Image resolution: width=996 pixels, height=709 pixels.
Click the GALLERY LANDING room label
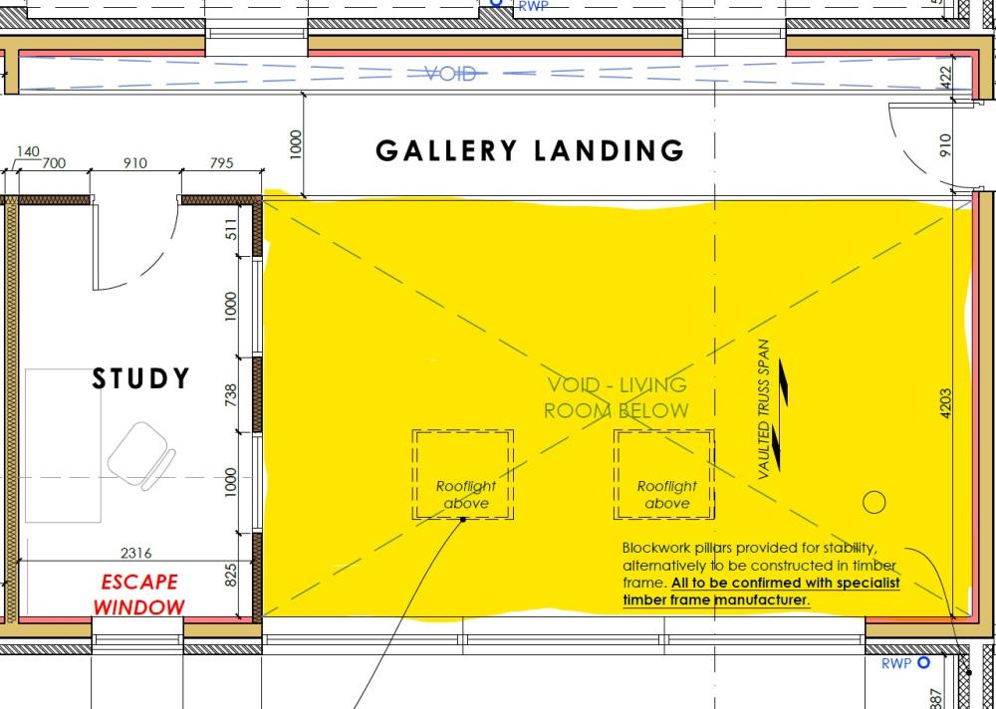tap(530, 150)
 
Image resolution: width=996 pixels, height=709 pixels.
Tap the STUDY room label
tap(140, 378)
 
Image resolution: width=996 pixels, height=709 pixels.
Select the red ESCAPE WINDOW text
tap(139, 594)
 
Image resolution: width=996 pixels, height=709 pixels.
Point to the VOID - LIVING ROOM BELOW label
tap(617, 397)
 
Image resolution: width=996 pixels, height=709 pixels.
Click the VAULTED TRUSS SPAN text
tap(764, 410)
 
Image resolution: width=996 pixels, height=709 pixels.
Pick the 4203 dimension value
tap(945, 403)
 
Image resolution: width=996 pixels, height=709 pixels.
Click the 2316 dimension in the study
tap(135, 553)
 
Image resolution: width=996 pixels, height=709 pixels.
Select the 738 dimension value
tap(231, 395)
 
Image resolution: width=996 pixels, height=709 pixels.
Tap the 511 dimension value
tap(231, 229)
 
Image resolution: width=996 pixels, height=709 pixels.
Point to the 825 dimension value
tap(231, 575)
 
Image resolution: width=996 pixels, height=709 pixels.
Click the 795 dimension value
tap(222, 163)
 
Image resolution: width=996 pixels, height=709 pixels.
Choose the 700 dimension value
tap(54, 163)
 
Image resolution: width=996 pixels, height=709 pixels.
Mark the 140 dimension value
tap(28, 151)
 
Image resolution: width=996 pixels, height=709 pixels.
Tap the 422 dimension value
tap(945, 78)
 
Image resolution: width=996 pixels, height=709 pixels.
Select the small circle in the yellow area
tap(874, 503)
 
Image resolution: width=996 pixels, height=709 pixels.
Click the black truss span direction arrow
tap(781, 414)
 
